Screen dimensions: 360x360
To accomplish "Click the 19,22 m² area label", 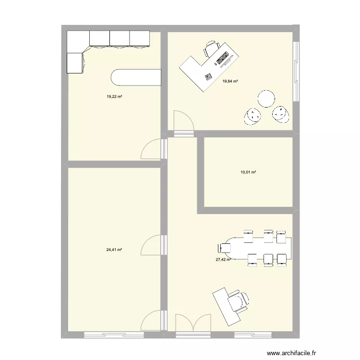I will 114,96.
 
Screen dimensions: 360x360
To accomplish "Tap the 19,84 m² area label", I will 230,81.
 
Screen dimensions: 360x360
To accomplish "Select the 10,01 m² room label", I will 248,172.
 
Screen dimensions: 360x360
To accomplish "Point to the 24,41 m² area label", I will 114,250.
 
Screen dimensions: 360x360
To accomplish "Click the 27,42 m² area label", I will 223,260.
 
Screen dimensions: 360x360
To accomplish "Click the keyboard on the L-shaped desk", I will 223,60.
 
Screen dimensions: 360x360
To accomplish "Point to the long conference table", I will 259,247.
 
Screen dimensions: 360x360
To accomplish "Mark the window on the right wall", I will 296,72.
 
